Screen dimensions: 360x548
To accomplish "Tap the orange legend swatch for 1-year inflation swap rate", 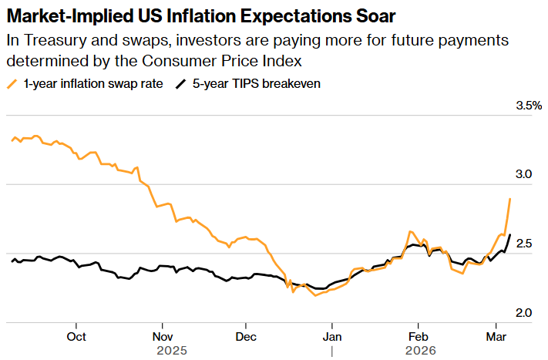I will click(x=13, y=84).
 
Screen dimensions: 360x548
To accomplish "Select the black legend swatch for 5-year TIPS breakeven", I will click(x=182, y=84).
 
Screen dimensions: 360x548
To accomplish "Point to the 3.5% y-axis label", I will click(x=529, y=105).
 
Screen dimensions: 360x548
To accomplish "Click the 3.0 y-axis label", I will click(x=524, y=174).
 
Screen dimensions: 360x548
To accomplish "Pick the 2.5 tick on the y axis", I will click(x=524, y=244).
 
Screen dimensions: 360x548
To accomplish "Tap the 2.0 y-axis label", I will click(x=524, y=313).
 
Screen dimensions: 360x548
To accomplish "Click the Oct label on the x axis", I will click(x=76, y=336).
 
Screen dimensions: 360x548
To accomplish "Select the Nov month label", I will click(x=162, y=336).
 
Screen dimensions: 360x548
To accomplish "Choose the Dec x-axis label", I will click(x=245, y=336).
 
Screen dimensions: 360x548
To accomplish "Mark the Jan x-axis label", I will click(x=331, y=336).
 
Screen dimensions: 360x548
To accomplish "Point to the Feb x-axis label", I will click(x=417, y=336).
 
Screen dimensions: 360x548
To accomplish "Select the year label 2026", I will click(x=421, y=350).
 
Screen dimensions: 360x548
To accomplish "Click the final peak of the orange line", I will click(x=510, y=199).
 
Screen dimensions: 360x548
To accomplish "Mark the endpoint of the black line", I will click(x=510, y=234).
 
